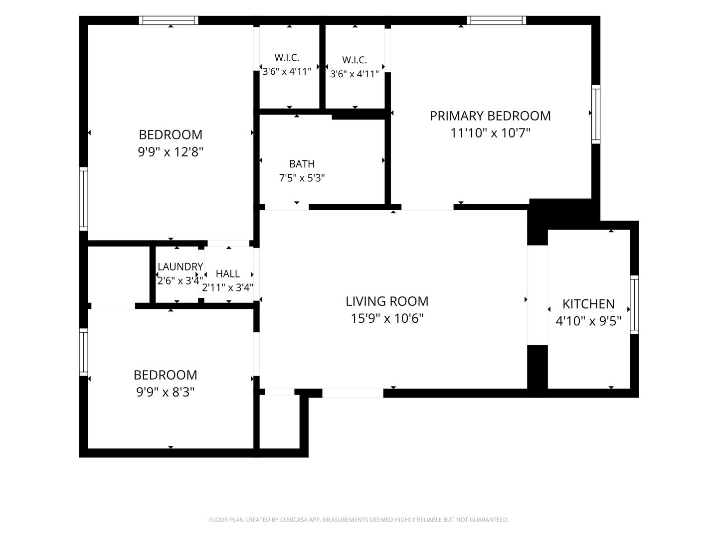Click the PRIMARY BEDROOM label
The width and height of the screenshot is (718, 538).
coord(490,116)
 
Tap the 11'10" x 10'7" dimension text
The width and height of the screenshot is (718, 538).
coord(490,133)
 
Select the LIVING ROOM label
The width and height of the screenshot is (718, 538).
coord(387,301)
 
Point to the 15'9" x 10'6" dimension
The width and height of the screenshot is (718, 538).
coord(387,318)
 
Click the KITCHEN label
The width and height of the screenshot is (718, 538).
coord(588,304)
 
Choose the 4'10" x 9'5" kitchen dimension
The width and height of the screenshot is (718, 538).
coord(588,321)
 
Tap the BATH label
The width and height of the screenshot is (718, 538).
coord(302,164)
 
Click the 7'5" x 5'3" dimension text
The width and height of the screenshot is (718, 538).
coord(302,178)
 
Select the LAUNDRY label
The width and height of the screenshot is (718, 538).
coord(180,267)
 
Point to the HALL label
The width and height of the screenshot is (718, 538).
coord(228,273)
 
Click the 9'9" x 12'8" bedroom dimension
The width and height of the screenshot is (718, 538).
coord(171,152)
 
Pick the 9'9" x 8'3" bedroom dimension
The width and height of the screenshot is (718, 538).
coord(165,392)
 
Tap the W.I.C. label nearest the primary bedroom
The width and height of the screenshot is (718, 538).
coord(355,60)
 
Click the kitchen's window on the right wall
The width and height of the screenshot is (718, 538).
coord(634,304)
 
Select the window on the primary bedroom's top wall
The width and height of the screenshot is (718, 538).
coord(496,20)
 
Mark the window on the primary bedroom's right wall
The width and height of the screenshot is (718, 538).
coord(596,115)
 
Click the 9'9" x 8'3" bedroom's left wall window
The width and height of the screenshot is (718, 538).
coord(84,352)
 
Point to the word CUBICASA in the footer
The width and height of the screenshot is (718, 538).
coord(293,520)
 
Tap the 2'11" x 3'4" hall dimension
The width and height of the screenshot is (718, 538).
coord(228,288)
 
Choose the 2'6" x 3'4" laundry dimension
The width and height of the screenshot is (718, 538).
coord(180,280)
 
